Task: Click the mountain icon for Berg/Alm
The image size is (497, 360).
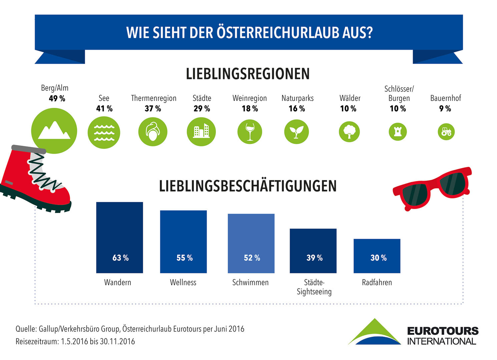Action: coord(54,131)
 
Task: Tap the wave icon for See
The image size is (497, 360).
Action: coord(104,132)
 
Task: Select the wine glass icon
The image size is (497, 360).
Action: coord(250,132)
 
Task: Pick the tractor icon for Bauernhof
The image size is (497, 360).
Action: coord(446,132)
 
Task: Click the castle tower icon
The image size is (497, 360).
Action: coord(398,132)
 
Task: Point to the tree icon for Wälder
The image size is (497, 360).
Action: coord(349,132)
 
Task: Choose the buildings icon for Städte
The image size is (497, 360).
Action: coord(201,132)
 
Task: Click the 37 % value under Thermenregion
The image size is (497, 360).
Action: coord(153,109)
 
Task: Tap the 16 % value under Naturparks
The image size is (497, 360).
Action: coord(297,109)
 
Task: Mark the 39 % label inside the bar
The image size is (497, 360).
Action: coord(314,258)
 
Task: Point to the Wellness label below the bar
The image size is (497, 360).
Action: coord(183,282)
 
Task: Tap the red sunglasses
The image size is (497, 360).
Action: coord(432,188)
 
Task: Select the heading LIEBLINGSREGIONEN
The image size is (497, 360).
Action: coord(247,74)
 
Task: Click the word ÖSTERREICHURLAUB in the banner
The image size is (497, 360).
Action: coord(278,33)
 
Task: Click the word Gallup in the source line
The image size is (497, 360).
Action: coord(48,329)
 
